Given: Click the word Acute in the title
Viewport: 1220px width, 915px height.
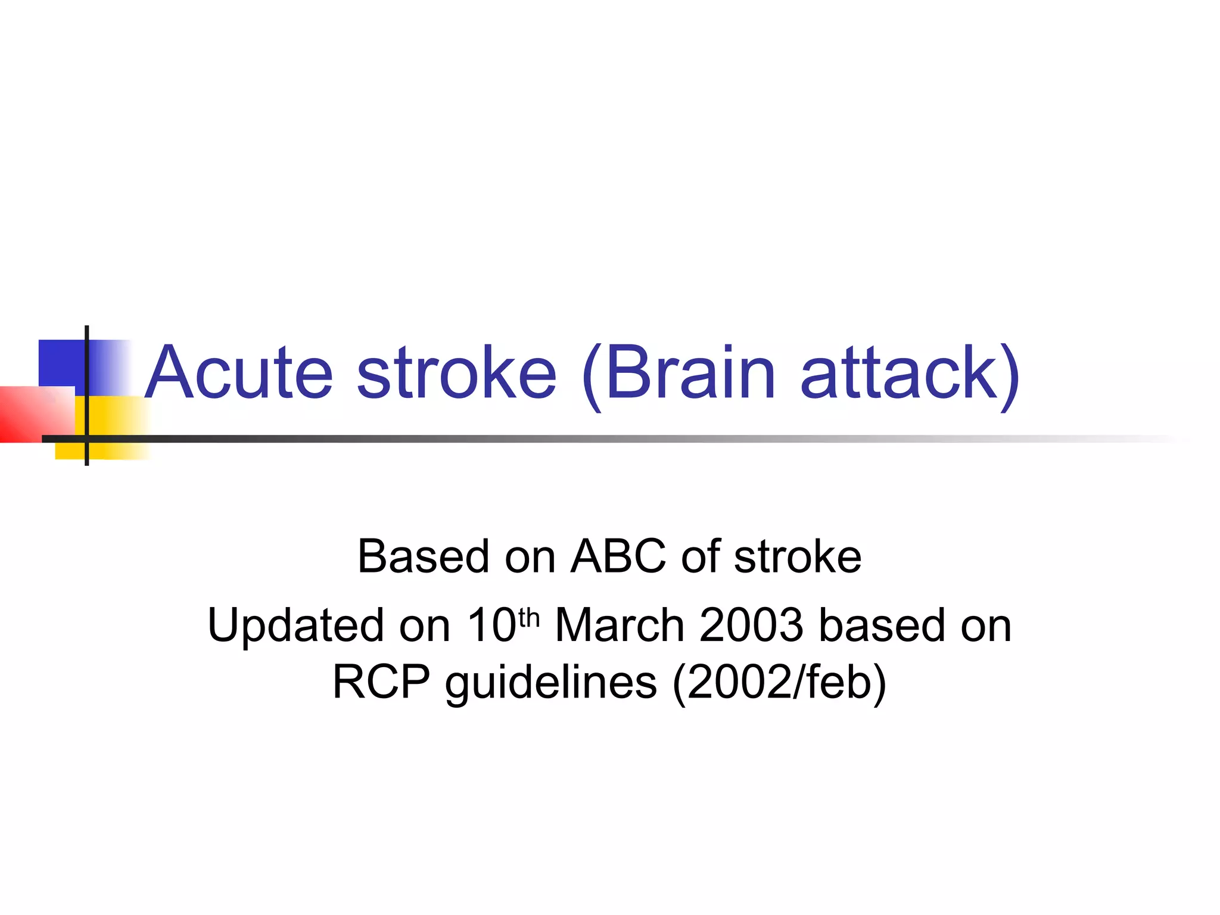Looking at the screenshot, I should click(238, 373).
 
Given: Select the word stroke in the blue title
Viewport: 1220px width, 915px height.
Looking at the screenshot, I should click(456, 373).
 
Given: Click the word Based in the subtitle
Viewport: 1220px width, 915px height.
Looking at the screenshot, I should click(423, 556).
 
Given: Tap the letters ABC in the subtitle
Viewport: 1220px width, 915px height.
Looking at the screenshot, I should click(618, 556).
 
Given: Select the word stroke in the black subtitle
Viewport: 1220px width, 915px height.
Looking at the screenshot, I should click(798, 556).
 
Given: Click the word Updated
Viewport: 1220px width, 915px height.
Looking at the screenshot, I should click(295, 625).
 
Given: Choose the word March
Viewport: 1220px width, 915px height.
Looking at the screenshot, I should click(620, 625).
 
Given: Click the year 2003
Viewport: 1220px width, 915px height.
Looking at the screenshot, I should click(752, 625).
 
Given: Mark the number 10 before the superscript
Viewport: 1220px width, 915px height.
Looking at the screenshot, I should click(491, 625).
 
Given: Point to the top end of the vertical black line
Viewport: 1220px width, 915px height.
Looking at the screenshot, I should click(87, 328).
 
